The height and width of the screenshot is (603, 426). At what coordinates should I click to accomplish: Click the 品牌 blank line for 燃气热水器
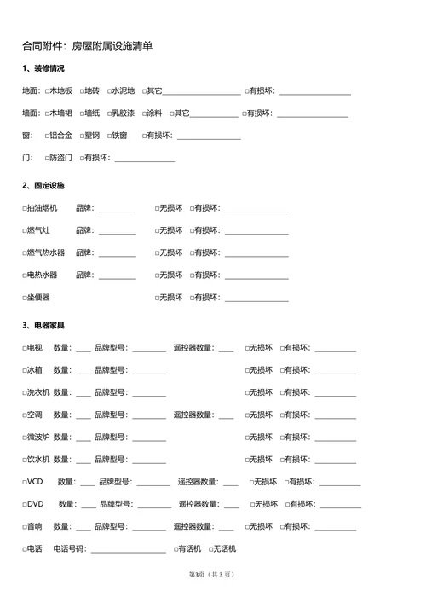tap(118, 253)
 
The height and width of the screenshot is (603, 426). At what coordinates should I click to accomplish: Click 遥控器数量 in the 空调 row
tap(193, 415)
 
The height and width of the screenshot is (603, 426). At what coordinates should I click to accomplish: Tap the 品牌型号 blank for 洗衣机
tap(149, 393)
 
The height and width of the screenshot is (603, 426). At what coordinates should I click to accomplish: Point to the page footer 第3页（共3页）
tap(210, 574)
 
